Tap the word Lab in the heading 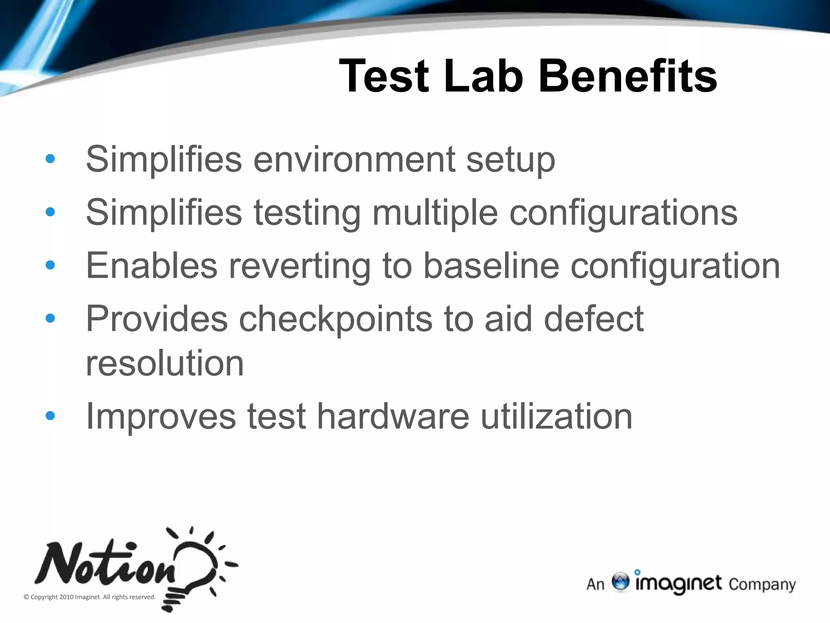(x=483, y=76)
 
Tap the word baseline (x=491, y=266)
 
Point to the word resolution (x=165, y=363)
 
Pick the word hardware (x=393, y=416)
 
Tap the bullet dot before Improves (x=50, y=416)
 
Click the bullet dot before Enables (x=50, y=265)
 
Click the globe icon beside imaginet (x=620, y=582)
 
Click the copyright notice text (x=90, y=597)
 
